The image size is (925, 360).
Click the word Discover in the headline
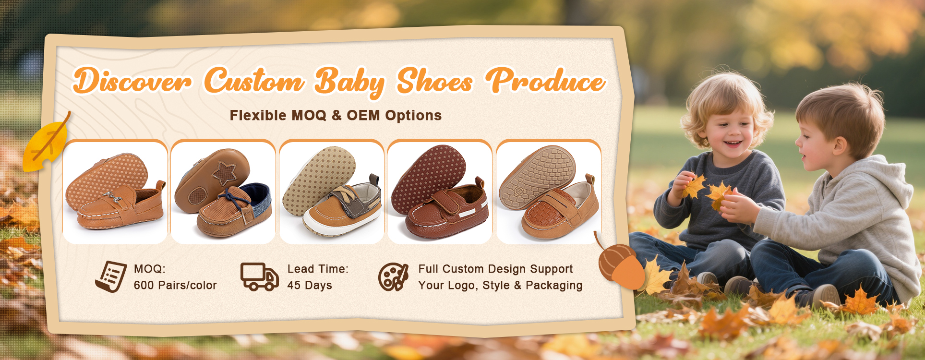point(132,81)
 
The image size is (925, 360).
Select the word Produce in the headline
point(545,80)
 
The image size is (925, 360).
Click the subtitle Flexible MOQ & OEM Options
point(336,115)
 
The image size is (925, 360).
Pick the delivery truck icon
point(259,276)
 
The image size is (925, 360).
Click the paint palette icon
point(393,277)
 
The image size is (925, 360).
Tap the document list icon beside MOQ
point(111,276)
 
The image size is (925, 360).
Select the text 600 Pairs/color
point(175,285)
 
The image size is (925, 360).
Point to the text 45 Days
point(310,285)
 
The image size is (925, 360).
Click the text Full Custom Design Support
point(495,269)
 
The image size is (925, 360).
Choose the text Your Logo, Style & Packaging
point(500,285)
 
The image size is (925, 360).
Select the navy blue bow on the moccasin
point(234,197)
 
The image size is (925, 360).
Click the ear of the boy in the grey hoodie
point(839,145)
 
